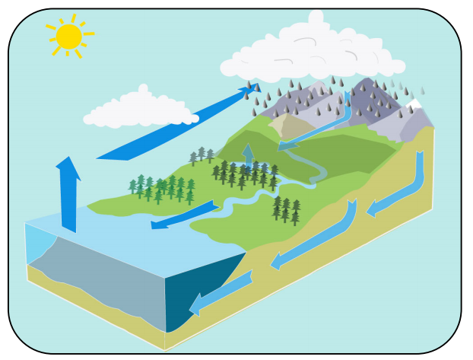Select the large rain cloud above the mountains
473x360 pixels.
click(312, 53)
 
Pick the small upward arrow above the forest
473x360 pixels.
click(248, 156)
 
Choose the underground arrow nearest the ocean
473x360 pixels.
click(221, 293)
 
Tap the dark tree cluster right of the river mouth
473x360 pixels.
click(286, 209)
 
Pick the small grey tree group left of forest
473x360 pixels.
click(202, 157)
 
